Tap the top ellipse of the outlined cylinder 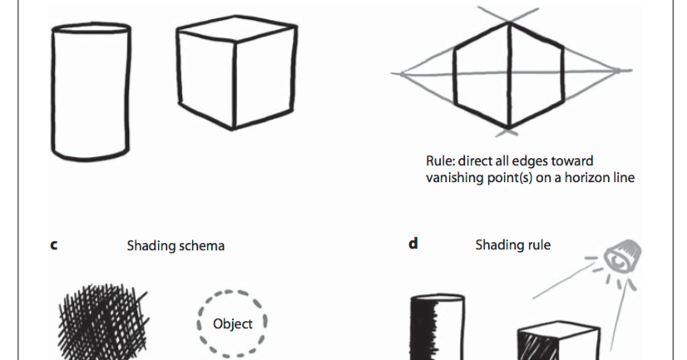click(92, 33)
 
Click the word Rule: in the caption click(439, 161)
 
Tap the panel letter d click(413, 245)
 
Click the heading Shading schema click(175, 246)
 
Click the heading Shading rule click(512, 245)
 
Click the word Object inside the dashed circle click(233, 324)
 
